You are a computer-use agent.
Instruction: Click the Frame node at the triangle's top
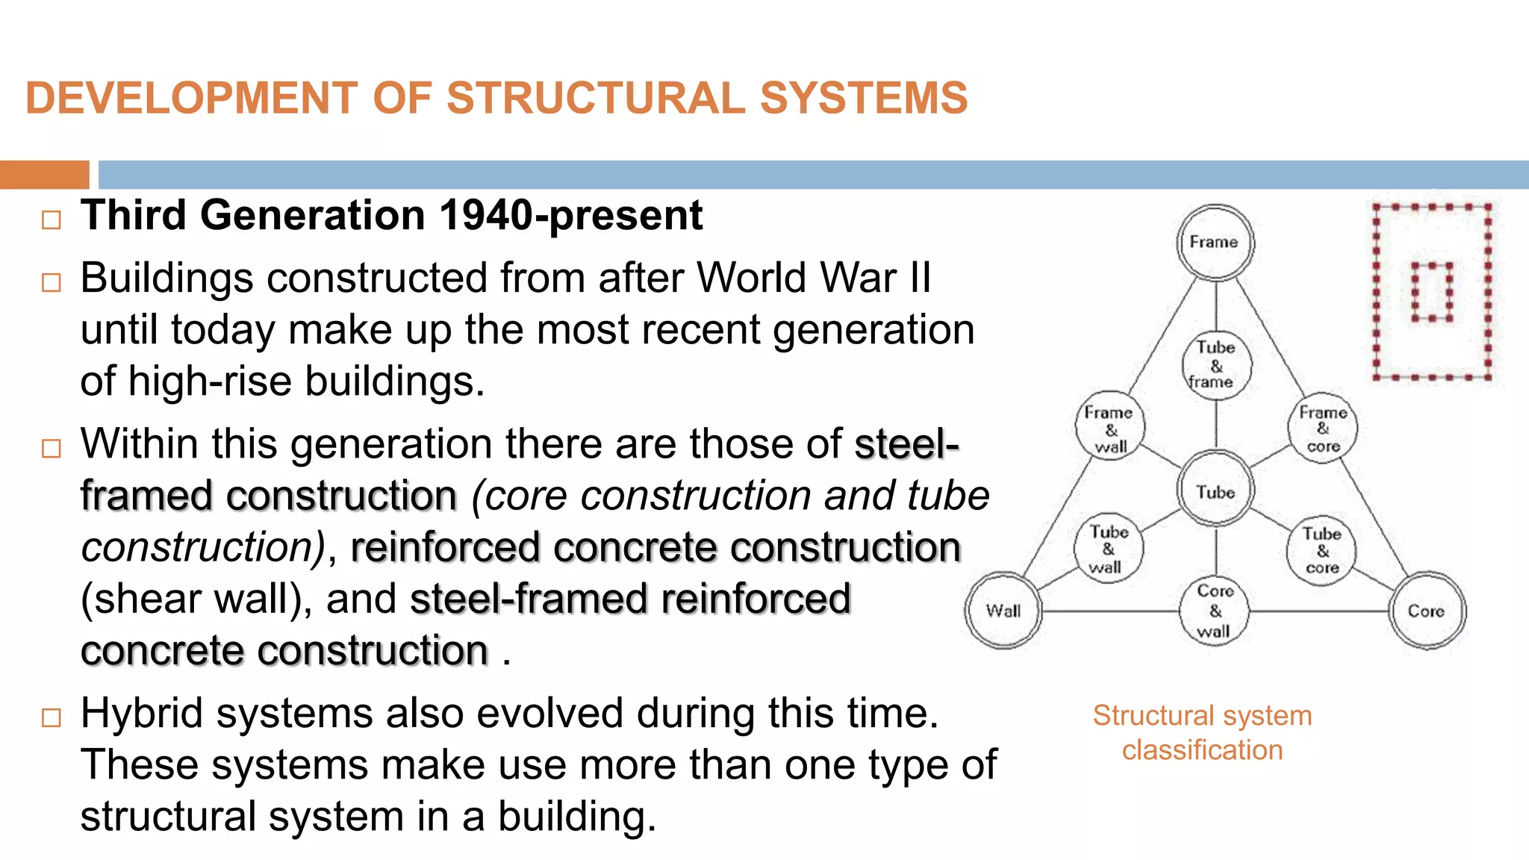click(x=1215, y=243)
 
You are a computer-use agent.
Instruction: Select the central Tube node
click(x=1215, y=491)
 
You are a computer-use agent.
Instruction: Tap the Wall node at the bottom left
click(x=1003, y=611)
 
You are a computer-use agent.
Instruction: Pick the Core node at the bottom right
click(x=1426, y=611)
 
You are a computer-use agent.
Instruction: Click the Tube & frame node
click(x=1215, y=365)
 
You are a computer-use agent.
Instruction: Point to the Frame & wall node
click(x=1109, y=429)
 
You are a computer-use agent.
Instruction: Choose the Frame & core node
click(x=1322, y=429)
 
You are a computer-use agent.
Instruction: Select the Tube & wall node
click(x=1108, y=549)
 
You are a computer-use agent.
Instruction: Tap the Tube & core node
click(x=1321, y=551)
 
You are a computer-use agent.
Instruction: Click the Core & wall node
click(x=1215, y=611)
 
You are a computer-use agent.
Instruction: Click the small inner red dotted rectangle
click(x=1431, y=291)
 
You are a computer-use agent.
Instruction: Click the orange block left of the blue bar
click(x=44, y=175)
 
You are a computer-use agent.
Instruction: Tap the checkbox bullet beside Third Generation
click(x=52, y=219)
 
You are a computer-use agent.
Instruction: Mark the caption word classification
click(x=1202, y=750)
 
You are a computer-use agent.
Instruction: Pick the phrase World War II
click(x=814, y=278)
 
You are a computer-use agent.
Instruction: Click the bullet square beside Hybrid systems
click(x=52, y=717)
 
